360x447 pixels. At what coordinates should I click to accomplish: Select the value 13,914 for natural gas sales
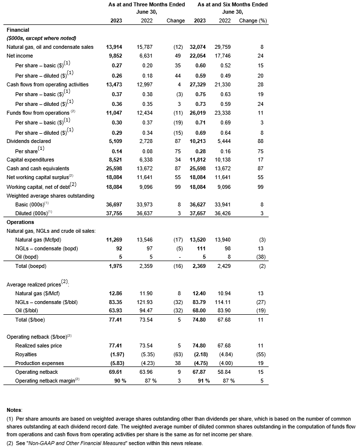click(x=114, y=47)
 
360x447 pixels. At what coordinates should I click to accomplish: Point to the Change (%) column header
click(x=254, y=21)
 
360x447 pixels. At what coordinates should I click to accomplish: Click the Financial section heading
click(x=18, y=30)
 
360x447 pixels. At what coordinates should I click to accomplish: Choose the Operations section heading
click(x=21, y=222)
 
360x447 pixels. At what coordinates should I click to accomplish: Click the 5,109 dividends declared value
click(x=114, y=141)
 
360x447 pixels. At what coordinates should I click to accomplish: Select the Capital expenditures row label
click(x=29, y=160)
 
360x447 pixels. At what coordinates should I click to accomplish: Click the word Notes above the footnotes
click(x=15, y=409)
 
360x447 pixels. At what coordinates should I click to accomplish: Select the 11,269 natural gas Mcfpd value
click(x=114, y=240)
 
